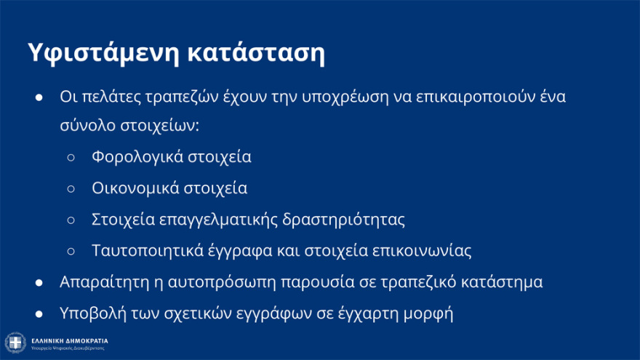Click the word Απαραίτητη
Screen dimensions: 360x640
coord(98,282)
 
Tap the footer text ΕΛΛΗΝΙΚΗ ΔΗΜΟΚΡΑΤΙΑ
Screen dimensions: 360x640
coord(71,340)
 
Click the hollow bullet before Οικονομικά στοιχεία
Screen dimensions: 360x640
coord(71,188)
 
